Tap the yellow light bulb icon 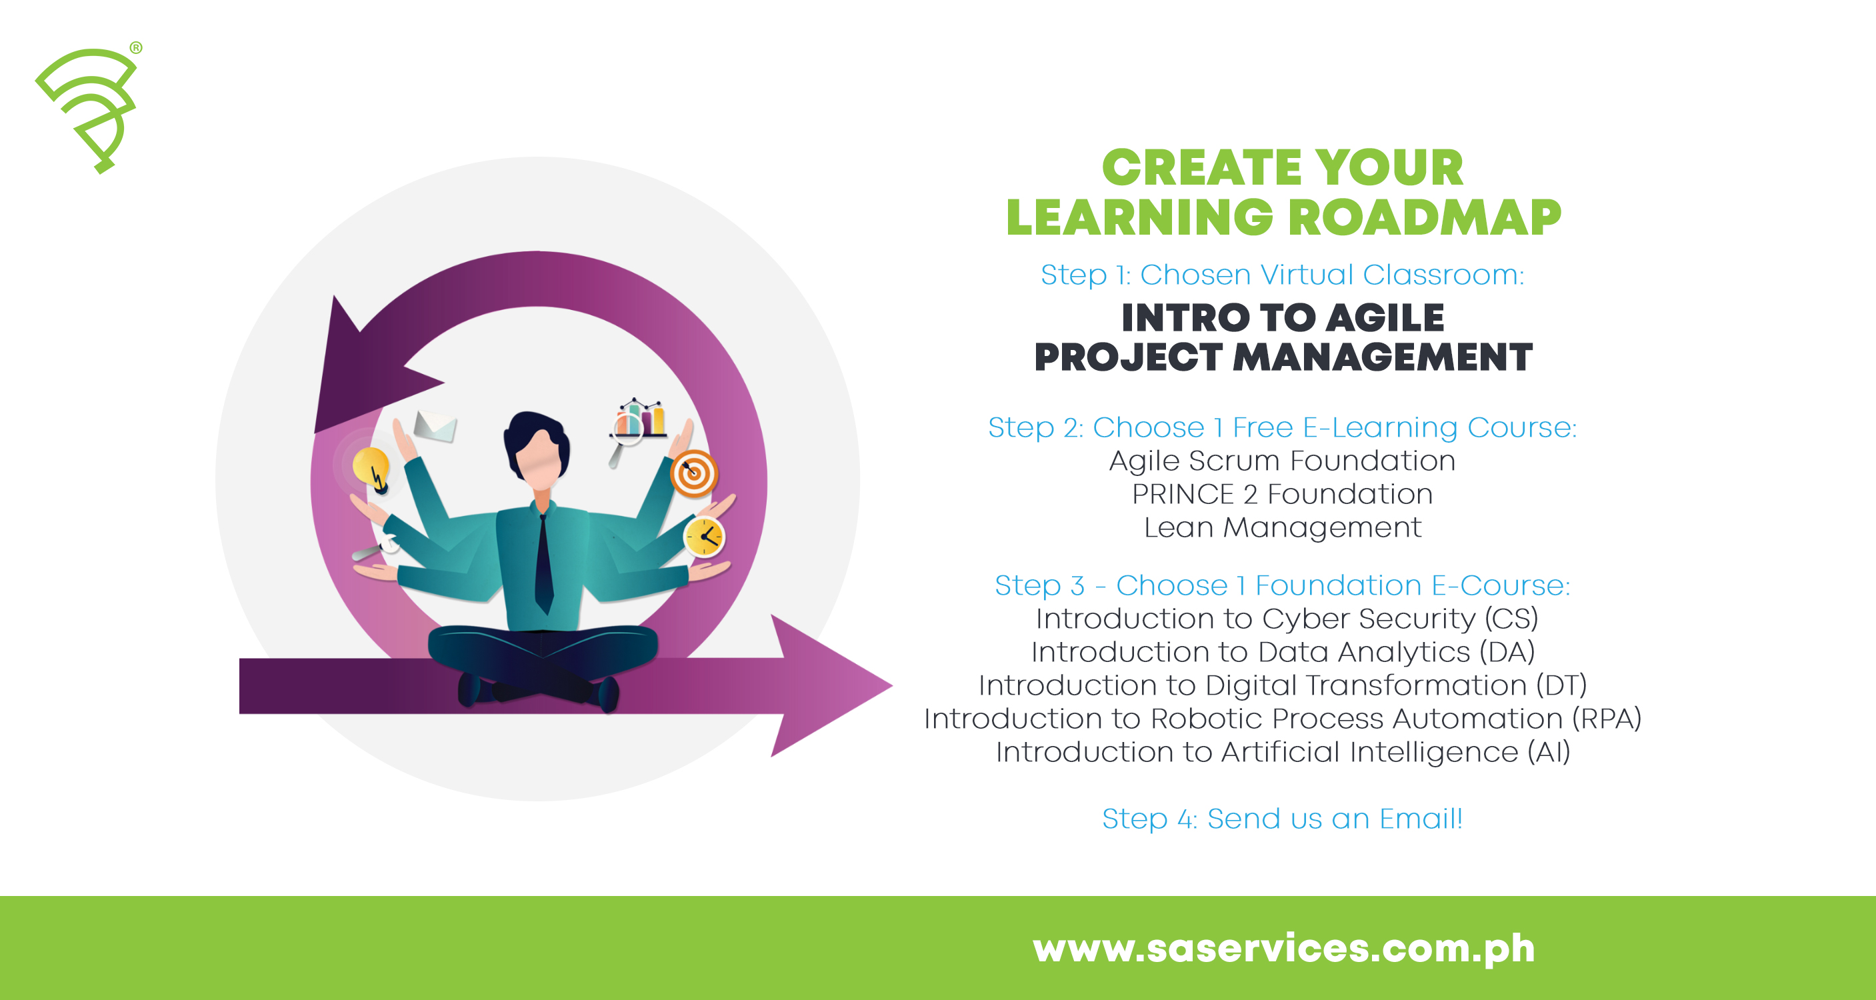[370, 468]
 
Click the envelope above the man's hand [435, 426]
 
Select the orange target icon [694, 473]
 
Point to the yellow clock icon [703, 537]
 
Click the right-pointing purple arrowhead [830, 685]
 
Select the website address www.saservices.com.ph [1283, 947]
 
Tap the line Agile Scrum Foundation [1282, 461]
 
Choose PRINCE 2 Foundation [1282, 495]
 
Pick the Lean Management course [1282, 527]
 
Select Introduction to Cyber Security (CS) [1286, 619]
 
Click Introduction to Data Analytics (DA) [1283, 652]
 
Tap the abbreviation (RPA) [1607, 718]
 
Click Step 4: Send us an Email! [1282, 819]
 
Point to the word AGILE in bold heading [1385, 318]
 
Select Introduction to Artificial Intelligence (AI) [1283, 751]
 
